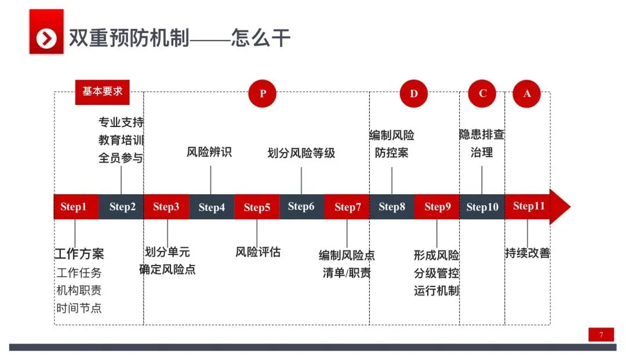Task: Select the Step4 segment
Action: (x=212, y=207)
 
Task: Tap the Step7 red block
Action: (x=347, y=207)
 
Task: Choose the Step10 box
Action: (x=482, y=207)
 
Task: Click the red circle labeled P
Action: (x=263, y=93)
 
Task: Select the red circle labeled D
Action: (x=413, y=93)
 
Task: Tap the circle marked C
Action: (x=482, y=93)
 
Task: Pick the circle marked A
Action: (x=527, y=93)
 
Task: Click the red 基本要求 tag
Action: (x=103, y=92)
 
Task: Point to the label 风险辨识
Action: (x=209, y=152)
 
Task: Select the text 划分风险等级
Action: (x=301, y=154)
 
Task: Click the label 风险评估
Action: (x=258, y=252)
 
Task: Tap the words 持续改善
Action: (x=527, y=253)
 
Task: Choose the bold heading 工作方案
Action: (x=79, y=254)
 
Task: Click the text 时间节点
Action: (x=79, y=308)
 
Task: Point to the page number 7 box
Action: (x=601, y=335)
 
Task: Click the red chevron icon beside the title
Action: (x=46, y=38)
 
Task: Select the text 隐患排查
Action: (x=482, y=135)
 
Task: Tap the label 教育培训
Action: (x=121, y=140)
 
